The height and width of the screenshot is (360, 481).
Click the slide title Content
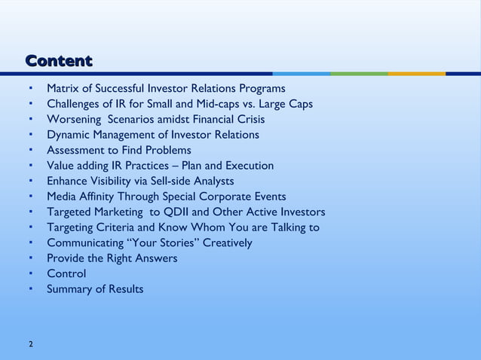59,60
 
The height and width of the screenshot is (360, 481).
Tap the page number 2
30,344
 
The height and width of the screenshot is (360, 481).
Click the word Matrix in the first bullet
64,89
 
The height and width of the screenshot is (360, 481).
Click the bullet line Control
66,273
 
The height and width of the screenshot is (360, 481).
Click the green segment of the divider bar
359,74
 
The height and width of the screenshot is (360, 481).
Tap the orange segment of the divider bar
416,74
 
